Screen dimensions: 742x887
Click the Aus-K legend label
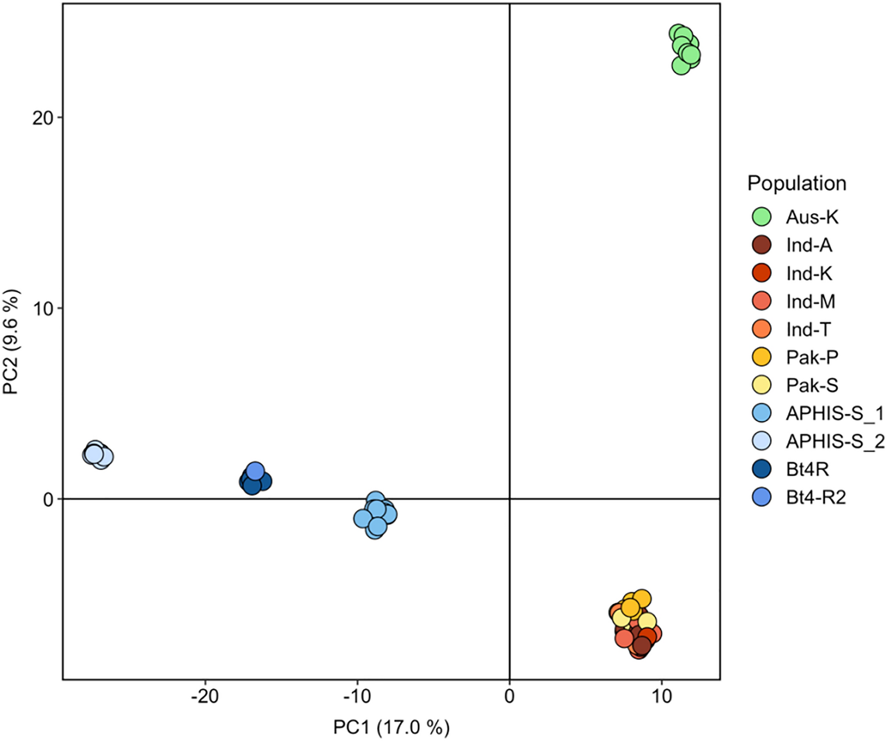[811, 217]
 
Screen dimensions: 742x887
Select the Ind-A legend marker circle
[762, 245]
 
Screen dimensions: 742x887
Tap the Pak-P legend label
[811, 358]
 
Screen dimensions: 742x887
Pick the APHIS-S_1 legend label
[834, 414]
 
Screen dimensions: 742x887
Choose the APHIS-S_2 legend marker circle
[762, 441]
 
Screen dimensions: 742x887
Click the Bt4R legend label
[807, 469]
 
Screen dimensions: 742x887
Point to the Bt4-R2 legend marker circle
[762, 497]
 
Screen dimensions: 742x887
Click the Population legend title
[796, 183]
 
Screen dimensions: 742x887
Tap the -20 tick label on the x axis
[205, 696]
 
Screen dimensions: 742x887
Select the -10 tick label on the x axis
[357, 696]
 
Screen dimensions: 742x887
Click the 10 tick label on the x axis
[661, 696]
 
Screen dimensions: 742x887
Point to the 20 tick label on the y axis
[42, 118]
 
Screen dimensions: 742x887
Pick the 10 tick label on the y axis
[42, 309]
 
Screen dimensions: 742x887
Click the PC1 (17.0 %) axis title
[391, 727]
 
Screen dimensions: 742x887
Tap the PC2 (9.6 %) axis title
[12, 342]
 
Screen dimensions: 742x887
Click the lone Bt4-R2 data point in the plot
[255, 472]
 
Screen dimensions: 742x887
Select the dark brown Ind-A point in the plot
[642, 645]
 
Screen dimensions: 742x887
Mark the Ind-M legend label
[810, 302]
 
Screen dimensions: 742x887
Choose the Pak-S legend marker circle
[762, 385]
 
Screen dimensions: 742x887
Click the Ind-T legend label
[808, 329]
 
